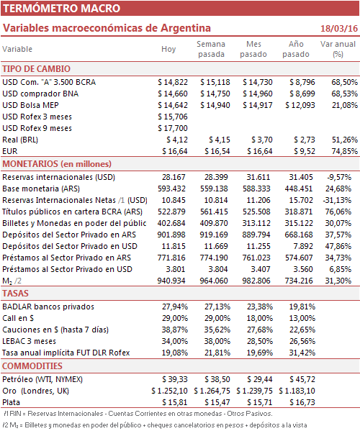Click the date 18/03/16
coord(339,28)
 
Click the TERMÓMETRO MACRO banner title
coord(62,8)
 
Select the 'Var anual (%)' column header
coord(338,49)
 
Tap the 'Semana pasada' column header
coord(211,49)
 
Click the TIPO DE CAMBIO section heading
coord(36,69)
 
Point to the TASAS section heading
coord(15,294)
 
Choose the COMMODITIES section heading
coord(32,366)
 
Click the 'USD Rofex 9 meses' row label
coord(37,128)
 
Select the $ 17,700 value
coord(173,128)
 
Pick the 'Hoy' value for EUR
coord(175,151)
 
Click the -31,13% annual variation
coord(337,200)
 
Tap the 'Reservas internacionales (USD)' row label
coord(58,177)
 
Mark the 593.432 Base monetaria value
coord(171,189)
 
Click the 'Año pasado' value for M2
coord(299,281)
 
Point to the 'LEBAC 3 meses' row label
coord(29,341)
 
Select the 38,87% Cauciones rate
coord(175,330)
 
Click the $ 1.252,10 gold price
coord(169,391)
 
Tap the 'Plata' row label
coord(12,402)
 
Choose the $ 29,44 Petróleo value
coord(260,379)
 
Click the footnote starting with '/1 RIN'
coord(138,414)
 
